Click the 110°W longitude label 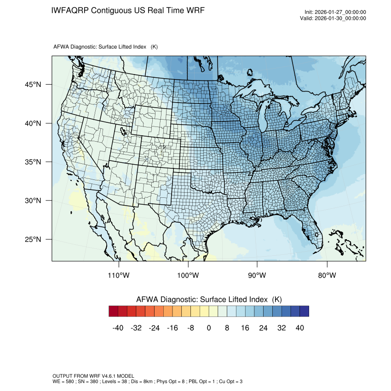pyautogui.click(x=119, y=276)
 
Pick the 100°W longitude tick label pyautogui.click(x=188, y=276)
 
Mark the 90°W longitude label pyautogui.click(x=257, y=276)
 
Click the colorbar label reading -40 pyautogui.click(x=118, y=328)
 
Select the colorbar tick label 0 pyautogui.click(x=209, y=328)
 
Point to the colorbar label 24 pyautogui.click(x=264, y=328)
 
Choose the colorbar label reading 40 pyautogui.click(x=300, y=328)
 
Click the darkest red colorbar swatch pyautogui.click(x=114, y=311)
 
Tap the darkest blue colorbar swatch pyautogui.click(x=304, y=311)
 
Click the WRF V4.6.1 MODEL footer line pyautogui.click(x=93, y=376)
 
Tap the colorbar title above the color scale pyautogui.click(x=209, y=299)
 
